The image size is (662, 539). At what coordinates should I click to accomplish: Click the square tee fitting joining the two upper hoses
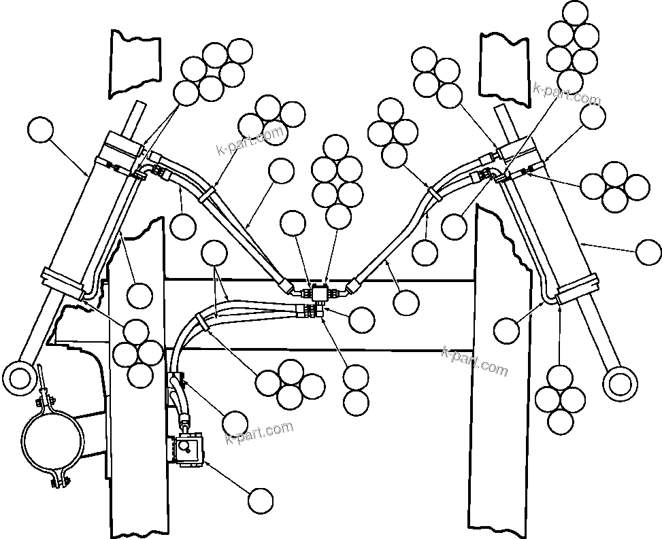[319, 292]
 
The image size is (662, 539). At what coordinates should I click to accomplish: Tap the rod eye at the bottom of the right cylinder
[618, 383]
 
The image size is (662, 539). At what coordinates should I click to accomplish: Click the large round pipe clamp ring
[51, 441]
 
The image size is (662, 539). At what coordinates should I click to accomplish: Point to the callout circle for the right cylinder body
[648, 252]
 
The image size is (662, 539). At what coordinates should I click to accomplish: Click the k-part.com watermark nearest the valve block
[259, 432]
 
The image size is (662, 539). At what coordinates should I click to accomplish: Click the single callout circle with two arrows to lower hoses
[216, 254]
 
